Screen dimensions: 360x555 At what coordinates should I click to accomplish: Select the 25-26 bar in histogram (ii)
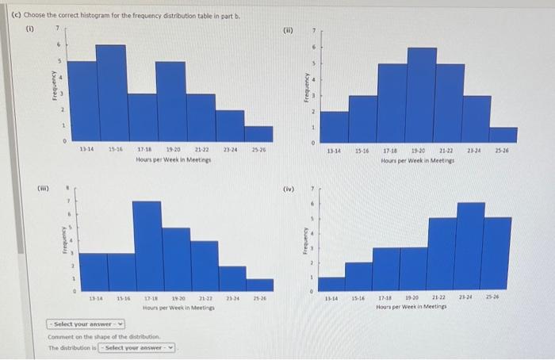pos(503,135)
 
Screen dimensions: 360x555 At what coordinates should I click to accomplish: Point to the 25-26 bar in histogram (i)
pos(258,134)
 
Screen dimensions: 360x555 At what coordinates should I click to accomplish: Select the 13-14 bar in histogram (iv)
pos(331,285)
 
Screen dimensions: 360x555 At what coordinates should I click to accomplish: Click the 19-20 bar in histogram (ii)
pos(421,94)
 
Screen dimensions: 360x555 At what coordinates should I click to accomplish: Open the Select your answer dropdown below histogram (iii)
pos(85,324)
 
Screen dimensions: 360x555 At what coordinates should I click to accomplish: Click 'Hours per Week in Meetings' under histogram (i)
pos(172,159)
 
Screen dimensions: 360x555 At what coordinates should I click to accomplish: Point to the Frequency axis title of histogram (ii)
pos(304,88)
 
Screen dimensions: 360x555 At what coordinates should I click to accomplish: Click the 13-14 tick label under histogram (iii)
pos(94,299)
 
